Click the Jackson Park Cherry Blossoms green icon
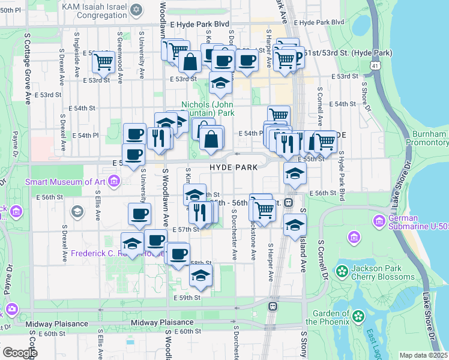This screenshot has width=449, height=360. (342, 272)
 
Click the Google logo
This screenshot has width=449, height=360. (19, 352)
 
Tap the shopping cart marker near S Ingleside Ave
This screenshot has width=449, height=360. (103, 60)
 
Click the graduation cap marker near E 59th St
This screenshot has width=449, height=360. (201, 274)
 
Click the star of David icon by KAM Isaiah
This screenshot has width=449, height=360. (137, 10)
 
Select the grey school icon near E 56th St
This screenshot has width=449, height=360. (77, 211)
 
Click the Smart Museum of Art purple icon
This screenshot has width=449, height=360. (17, 181)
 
